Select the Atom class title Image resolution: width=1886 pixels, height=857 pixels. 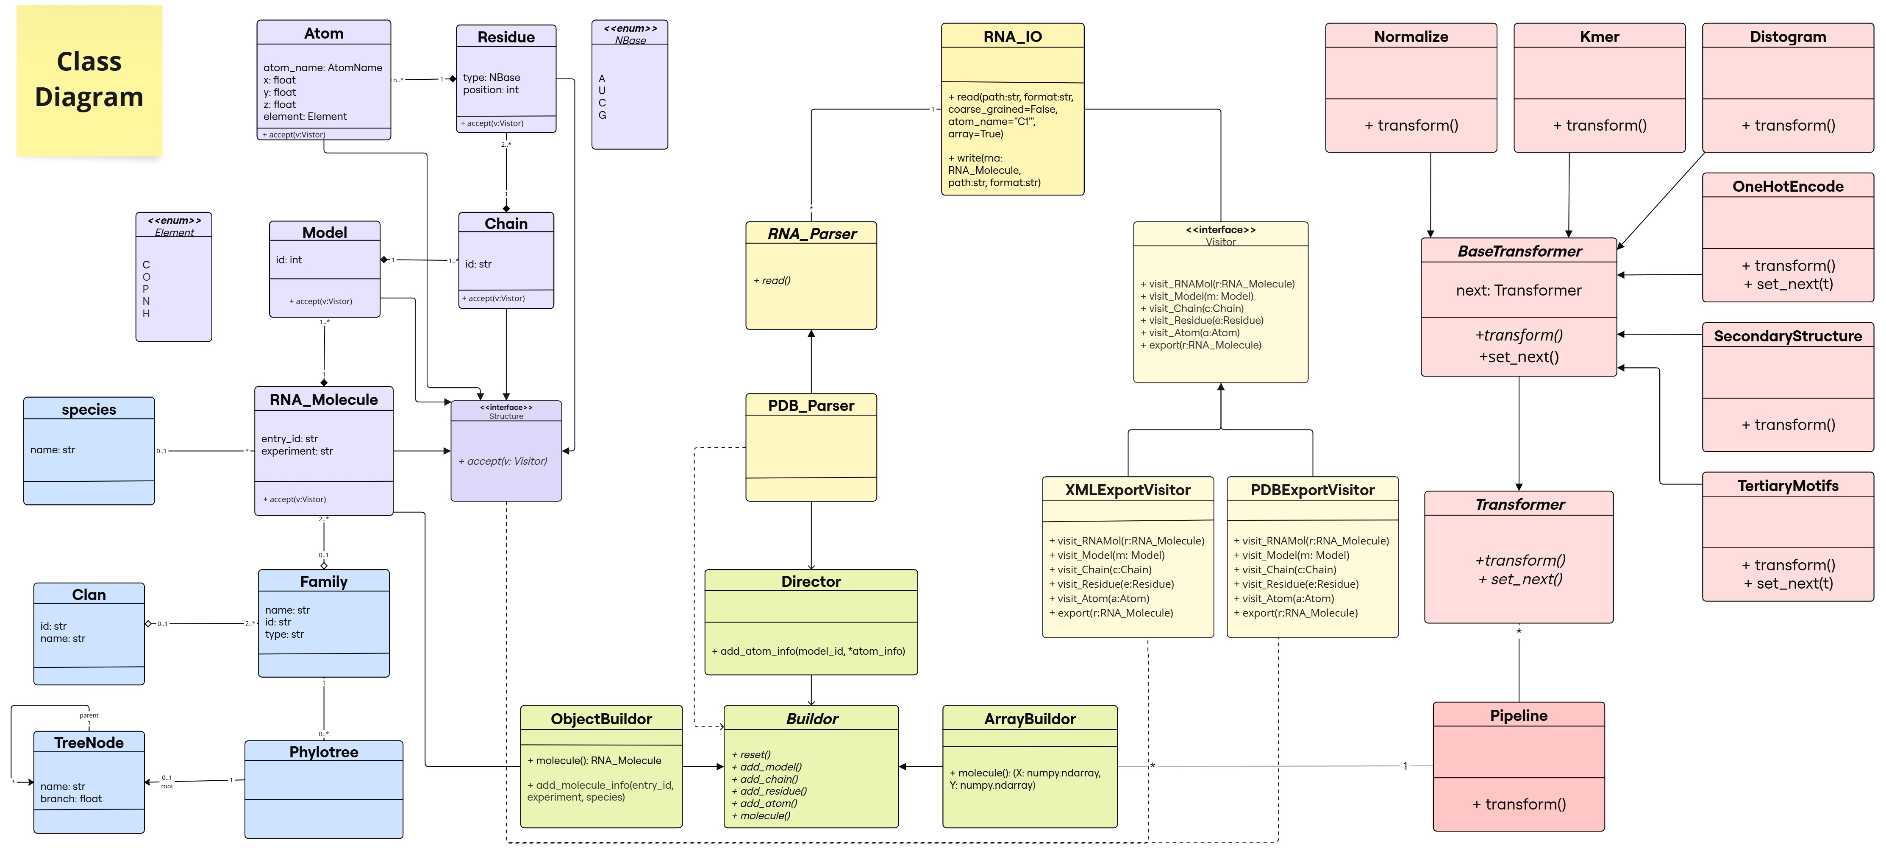click(324, 33)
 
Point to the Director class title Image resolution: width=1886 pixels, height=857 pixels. click(811, 582)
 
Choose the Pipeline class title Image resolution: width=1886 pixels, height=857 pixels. click(1519, 716)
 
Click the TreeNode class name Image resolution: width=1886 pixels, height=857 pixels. click(89, 743)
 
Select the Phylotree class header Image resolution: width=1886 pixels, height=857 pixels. click(324, 752)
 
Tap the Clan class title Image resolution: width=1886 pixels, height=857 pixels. click(89, 595)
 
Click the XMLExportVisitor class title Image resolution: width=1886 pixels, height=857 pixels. click(1128, 490)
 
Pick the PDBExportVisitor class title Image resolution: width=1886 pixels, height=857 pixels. click(1312, 490)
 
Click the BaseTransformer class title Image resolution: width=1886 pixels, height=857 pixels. click(1519, 251)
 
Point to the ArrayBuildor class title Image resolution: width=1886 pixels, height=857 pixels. click(1029, 719)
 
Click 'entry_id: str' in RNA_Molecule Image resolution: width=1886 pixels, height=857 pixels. click(289, 439)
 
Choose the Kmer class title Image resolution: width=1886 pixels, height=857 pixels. click(1599, 36)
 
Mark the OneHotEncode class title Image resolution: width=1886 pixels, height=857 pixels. click(1787, 187)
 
